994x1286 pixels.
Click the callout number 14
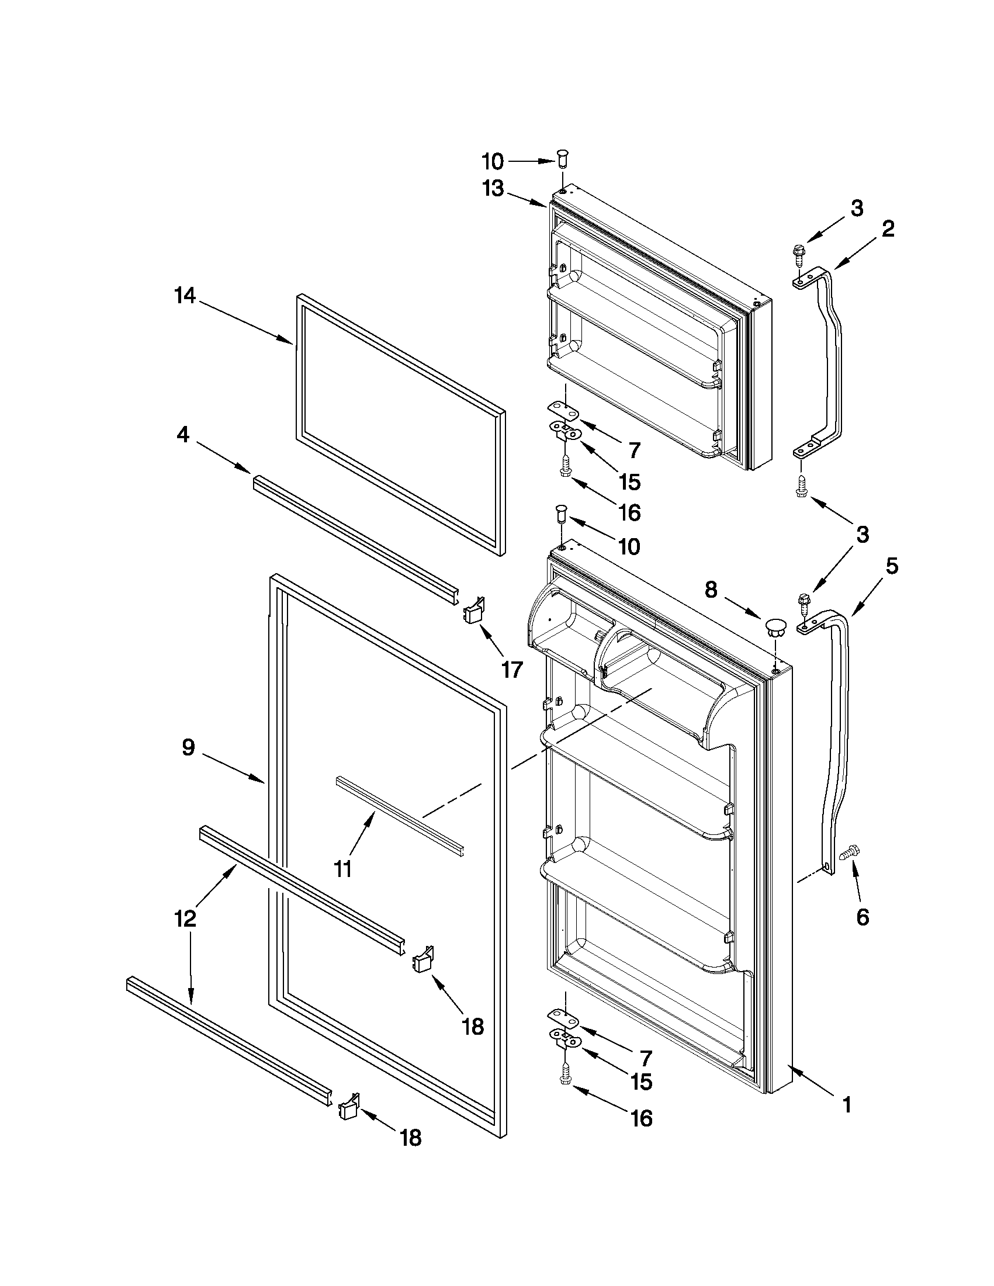click(184, 296)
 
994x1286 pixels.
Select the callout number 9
click(188, 748)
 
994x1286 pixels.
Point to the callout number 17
click(511, 670)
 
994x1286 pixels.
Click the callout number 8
click(711, 590)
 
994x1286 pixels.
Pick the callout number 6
click(862, 917)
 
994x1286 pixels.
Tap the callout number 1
click(847, 1105)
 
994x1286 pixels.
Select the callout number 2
click(888, 229)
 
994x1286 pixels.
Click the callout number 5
click(892, 566)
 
